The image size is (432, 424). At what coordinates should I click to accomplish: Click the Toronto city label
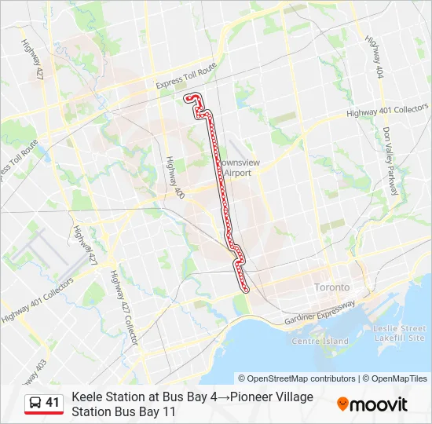coord(332,287)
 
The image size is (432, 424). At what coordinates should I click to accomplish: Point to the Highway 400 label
coord(174,177)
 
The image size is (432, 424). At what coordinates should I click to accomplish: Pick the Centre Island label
coord(320,342)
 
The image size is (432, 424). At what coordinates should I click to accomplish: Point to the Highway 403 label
coord(38,370)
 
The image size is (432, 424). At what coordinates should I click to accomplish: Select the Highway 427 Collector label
coord(126,307)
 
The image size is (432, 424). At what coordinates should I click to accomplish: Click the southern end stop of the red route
coord(247,290)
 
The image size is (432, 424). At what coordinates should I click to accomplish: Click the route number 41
coord(53,403)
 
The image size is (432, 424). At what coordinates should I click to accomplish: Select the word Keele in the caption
coord(87,397)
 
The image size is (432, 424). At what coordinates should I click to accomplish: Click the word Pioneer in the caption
coord(248,397)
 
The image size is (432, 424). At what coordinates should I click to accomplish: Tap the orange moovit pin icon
coord(342,404)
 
